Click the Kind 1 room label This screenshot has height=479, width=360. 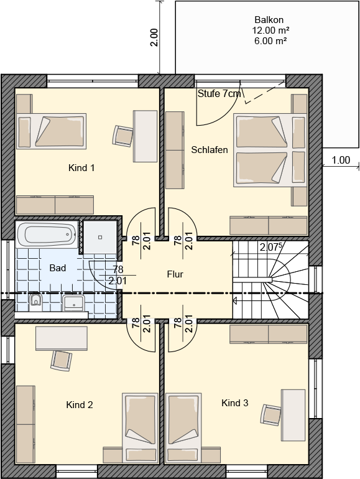tap(81, 168)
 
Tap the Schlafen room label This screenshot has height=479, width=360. tap(210, 150)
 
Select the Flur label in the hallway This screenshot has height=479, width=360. tap(175, 274)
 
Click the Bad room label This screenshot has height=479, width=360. tap(58, 268)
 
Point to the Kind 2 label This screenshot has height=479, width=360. tap(80, 405)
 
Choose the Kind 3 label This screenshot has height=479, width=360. tap(235, 403)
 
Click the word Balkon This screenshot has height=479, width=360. tap(269, 20)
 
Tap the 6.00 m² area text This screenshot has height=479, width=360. tap(270, 40)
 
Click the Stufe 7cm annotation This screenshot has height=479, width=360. tap(219, 93)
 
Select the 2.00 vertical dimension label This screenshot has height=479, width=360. tap(154, 37)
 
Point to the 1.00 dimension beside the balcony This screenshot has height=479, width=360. tap(341, 160)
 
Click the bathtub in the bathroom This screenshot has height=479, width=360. tap(48, 235)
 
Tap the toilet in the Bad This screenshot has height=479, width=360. tap(35, 303)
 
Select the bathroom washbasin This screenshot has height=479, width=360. tap(73, 303)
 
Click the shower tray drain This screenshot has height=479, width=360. tap(100, 237)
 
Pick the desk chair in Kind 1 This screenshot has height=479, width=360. tap(122, 135)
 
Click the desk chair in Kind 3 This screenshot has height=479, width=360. tap(271, 414)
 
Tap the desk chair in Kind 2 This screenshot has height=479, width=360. tap(62, 360)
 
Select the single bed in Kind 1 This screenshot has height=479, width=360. tap(52, 131)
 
